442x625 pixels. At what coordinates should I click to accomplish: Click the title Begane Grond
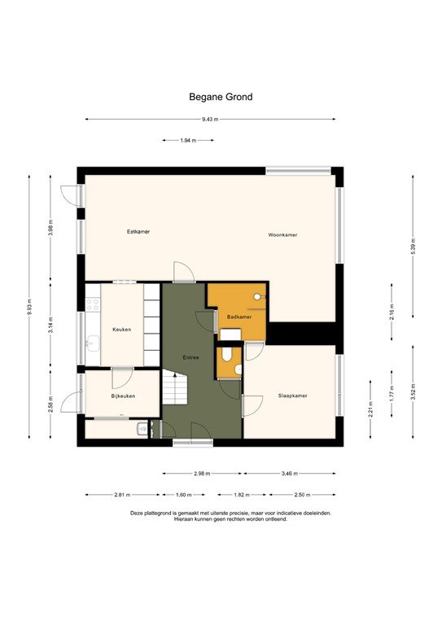click(221, 97)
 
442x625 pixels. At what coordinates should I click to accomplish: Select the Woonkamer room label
click(282, 234)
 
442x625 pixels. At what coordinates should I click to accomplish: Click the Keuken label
click(122, 329)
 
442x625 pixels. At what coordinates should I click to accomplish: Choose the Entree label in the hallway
click(190, 356)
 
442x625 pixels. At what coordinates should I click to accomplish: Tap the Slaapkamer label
click(291, 396)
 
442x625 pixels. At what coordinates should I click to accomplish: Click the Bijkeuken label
click(123, 396)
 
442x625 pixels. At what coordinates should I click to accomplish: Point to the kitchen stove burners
click(93, 304)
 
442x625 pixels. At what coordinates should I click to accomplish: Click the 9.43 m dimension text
click(211, 120)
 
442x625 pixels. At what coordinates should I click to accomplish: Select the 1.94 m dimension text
click(188, 141)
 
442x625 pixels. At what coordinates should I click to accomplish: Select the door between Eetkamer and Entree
click(184, 274)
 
